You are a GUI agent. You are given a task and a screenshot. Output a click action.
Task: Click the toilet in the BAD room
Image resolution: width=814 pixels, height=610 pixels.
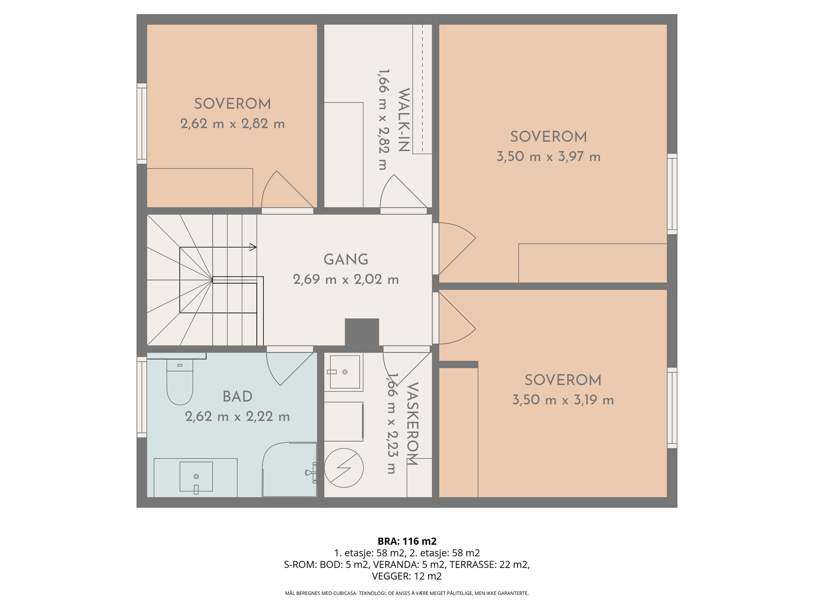click(x=180, y=382)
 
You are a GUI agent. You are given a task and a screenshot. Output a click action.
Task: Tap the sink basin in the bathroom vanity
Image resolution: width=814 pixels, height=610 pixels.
click(x=196, y=477)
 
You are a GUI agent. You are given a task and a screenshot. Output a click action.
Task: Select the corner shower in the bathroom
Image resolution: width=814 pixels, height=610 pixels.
click(x=289, y=469)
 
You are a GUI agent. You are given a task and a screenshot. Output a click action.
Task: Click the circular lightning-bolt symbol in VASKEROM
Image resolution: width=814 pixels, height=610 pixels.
click(x=344, y=468)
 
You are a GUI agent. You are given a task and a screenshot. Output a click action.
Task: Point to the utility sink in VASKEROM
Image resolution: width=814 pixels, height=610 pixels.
click(x=345, y=372)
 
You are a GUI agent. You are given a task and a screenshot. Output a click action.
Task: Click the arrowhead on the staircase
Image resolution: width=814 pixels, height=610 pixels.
click(x=253, y=247)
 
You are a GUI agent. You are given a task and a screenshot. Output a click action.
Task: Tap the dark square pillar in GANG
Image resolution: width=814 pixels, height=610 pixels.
click(x=362, y=332)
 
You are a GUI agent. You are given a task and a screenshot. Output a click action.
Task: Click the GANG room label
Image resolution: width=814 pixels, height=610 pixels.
click(x=346, y=260)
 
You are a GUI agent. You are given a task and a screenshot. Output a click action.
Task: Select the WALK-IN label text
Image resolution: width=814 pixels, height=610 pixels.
click(x=403, y=120)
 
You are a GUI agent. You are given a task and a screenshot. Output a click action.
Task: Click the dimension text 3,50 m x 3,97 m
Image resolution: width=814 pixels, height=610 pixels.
click(x=548, y=157)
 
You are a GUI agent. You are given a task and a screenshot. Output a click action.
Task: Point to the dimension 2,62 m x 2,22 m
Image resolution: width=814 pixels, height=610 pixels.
click(x=237, y=417)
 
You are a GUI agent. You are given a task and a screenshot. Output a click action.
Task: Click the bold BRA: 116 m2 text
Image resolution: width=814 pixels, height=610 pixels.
click(x=407, y=541)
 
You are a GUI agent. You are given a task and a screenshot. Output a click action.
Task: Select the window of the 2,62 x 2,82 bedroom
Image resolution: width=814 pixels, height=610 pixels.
click(x=142, y=124)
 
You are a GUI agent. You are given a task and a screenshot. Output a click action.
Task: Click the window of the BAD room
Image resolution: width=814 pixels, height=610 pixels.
click(x=142, y=397)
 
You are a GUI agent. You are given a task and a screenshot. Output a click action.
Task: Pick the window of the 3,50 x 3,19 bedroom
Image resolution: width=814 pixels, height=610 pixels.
click(x=672, y=408)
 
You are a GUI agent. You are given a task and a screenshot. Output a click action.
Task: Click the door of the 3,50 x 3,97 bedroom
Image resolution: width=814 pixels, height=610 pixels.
click(x=454, y=249)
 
